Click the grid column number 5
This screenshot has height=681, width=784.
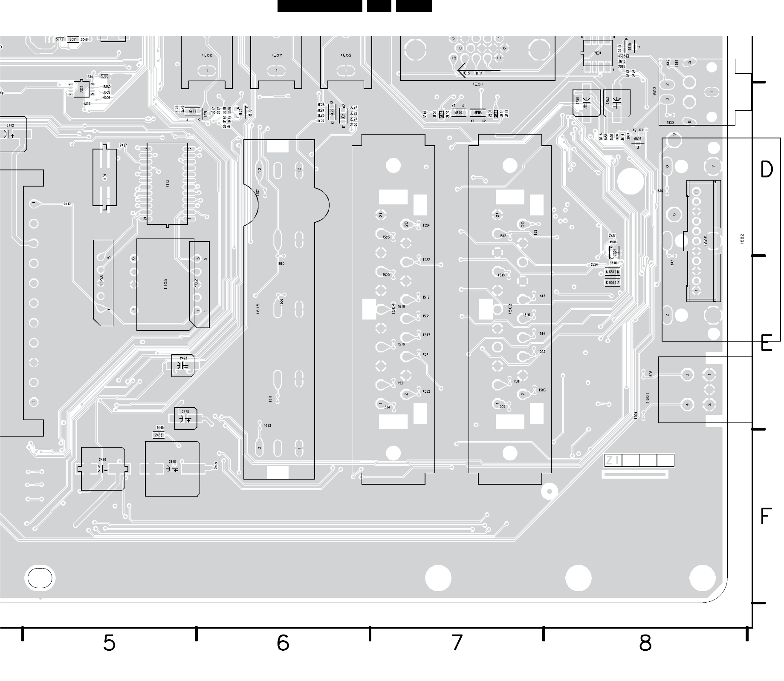[109, 643]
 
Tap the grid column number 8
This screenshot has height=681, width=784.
[645, 643]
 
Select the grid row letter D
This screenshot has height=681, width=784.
[766, 170]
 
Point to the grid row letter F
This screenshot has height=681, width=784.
[766, 516]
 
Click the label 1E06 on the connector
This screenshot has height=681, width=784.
[207, 55]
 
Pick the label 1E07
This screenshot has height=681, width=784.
[277, 55]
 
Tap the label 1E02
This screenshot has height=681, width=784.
[346, 55]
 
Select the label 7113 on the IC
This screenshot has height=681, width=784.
[168, 184]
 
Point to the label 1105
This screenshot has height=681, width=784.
[165, 284]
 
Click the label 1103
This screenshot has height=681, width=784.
[101, 280]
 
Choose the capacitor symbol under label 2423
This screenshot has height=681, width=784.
[183, 366]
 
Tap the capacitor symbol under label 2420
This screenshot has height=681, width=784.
[185, 420]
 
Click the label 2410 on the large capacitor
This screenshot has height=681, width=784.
[172, 462]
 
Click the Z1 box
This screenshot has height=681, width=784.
[613, 460]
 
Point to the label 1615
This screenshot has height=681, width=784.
[258, 309]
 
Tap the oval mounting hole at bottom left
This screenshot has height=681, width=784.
[40, 578]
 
